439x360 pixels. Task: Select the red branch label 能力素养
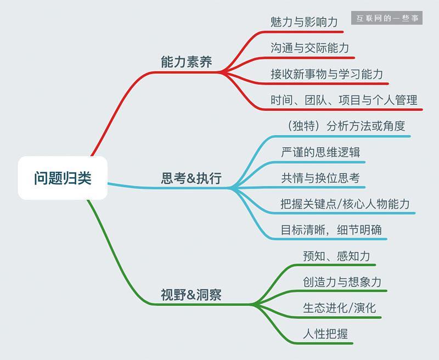point(186,62)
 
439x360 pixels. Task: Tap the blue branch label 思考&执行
point(191,178)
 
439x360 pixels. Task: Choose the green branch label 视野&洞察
point(191,295)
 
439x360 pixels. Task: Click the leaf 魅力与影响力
point(303,22)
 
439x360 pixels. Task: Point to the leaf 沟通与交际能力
point(309,48)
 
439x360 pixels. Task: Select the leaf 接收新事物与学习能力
point(327,74)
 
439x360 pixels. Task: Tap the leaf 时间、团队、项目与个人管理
point(344,100)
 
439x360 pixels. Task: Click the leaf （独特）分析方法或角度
point(346,126)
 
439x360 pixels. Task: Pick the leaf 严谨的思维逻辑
point(320,152)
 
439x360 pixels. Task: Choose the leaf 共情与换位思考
point(320,178)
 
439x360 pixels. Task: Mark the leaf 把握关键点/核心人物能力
point(345,204)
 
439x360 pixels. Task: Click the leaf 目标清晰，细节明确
point(331,230)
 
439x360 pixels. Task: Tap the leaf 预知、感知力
point(336,256)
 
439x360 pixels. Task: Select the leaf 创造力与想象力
point(342,282)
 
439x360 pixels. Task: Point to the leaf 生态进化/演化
point(339,308)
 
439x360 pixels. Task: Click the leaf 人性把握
point(325,334)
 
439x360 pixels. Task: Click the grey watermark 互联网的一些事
point(387,18)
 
